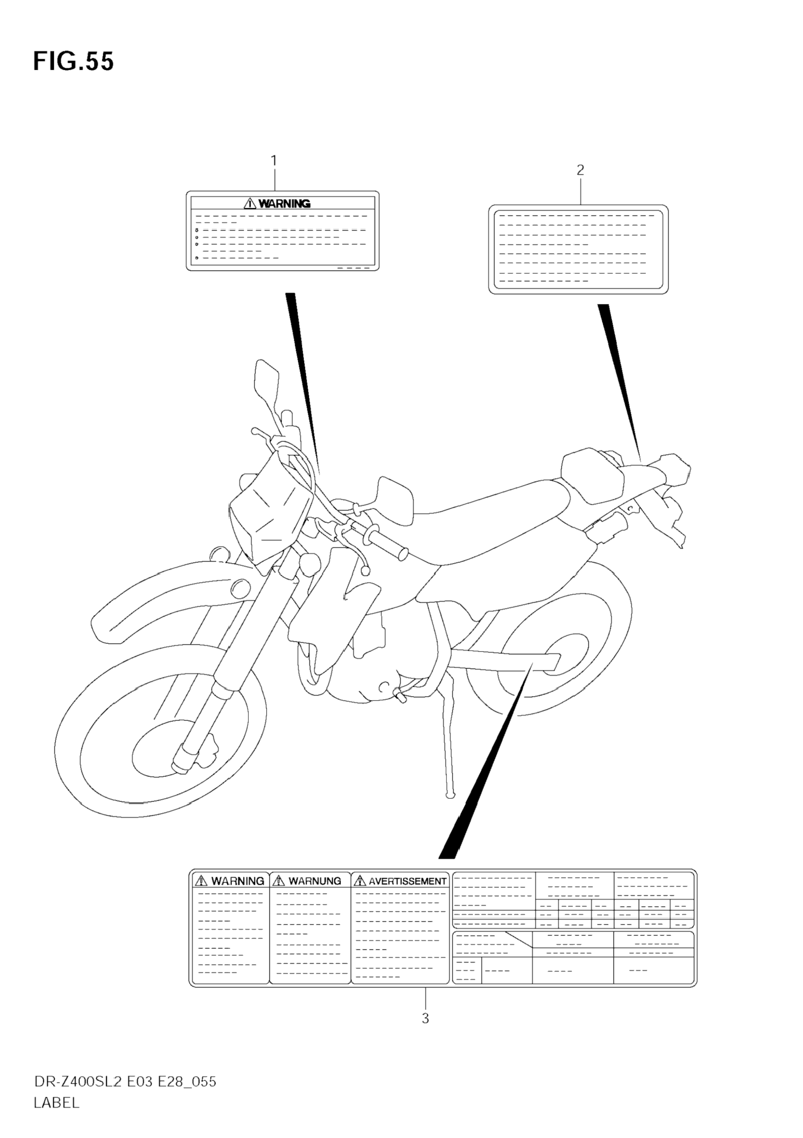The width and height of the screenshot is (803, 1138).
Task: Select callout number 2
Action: pos(580,170)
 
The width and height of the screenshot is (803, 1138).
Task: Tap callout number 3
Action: pos(425,1019)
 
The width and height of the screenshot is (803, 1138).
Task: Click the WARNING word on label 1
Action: pos(284,203)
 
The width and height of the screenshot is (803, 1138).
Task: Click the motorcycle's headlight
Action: pos(268,510)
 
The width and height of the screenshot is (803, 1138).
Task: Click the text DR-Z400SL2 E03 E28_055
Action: pos(125,1081)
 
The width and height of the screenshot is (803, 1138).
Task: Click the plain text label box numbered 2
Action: pos(578,249)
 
